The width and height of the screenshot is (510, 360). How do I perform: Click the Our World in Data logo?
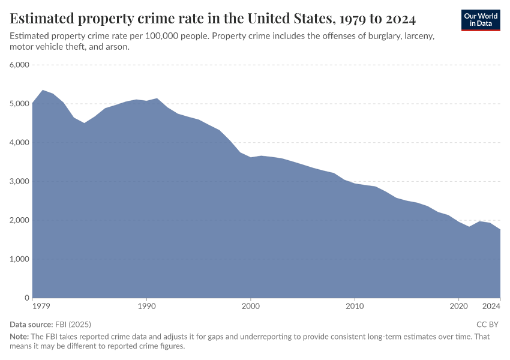pyautogui.click(x=481, y=20)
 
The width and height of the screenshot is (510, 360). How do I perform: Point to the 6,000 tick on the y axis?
pyautogui.click(x=20, y=65)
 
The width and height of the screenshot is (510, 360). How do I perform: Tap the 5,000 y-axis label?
pyautogui.click(x=20, y=104)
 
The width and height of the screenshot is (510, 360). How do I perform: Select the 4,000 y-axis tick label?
pyautogui.click(x=20, y=143)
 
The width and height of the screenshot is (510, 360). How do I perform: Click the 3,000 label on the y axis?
pyautogui.click(x=20, y=181)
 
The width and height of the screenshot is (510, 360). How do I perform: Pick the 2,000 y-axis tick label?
pyautogui.click(x=20, y=220)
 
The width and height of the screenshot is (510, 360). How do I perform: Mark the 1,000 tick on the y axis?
pyautogui.click(x=20, y=259)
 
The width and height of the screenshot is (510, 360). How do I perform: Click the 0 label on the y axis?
pyautogui.click(x=27, y=298)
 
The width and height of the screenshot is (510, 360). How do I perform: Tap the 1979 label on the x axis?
pyautogui.click(x=41, y=306)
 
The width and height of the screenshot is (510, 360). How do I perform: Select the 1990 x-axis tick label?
pyautogui.click(x=146, y=306)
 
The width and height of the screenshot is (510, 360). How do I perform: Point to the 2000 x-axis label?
pyautogui.click(x=251, y=306)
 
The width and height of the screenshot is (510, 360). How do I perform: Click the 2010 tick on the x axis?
pyautogui.click(x=355, y=306)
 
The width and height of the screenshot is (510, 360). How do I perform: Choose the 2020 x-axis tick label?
pyautogui.click(x=459, y=306)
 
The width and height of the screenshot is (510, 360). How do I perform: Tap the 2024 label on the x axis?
pyautogui.click(x=491, y=306)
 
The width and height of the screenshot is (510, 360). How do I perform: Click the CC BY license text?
pyautogui.click(x=488, y=324)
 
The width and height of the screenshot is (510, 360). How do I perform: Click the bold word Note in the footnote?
pyautogui.click(x=19, y=337)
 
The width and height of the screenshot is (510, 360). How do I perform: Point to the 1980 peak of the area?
pyautogui.click(x=43, y=91)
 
